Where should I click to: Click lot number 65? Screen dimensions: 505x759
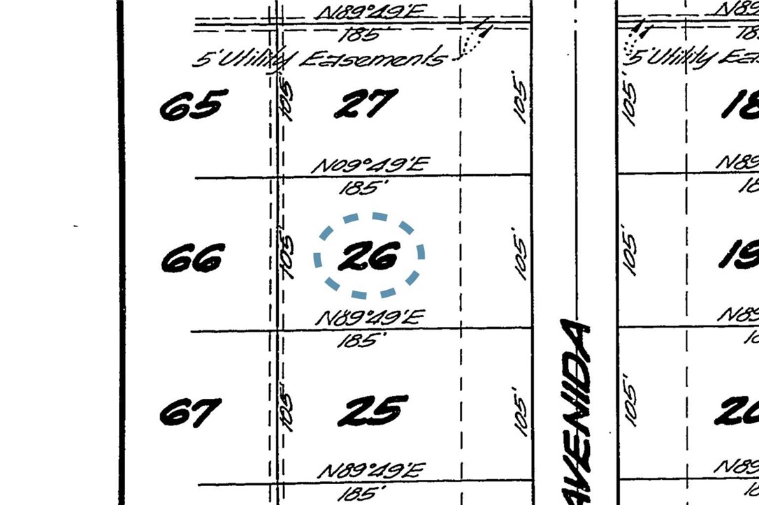tap(194, 105)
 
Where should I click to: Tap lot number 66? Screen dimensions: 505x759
tap(192, 258)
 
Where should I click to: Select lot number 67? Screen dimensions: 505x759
tap(191, 412)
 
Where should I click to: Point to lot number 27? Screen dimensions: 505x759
tap(366, 105)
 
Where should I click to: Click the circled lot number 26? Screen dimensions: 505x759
tap(368, 256)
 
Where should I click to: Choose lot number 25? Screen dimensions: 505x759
tap(373, 410)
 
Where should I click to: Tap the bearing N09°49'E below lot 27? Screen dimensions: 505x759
tap(370, 166)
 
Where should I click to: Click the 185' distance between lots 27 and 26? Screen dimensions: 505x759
tap(363, 187)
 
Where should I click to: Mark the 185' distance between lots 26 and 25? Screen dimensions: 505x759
tap(363, 341)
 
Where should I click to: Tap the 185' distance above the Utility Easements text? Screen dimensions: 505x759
tap(361, 34)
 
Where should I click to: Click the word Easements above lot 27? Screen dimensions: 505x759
tap(373, 59)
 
